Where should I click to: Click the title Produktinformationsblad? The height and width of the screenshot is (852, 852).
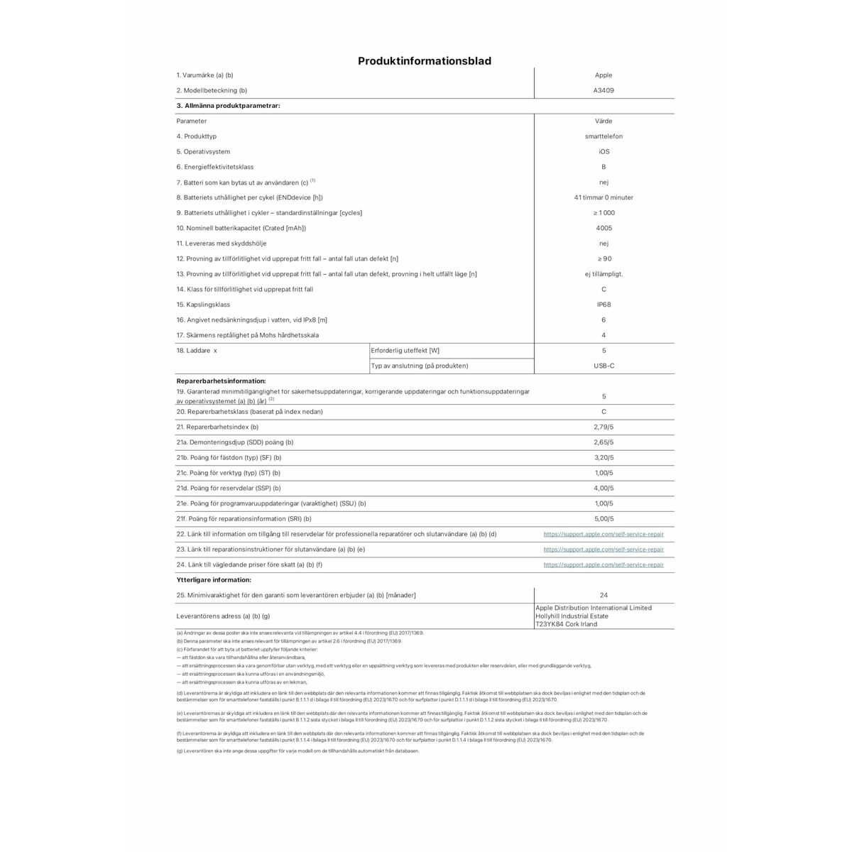tap(425, 61)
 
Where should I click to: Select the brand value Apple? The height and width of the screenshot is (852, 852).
tap(603, 75)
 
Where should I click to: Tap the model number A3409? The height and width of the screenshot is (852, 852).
tap(603, 91)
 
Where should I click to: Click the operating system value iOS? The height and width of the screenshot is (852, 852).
tap(603, 152)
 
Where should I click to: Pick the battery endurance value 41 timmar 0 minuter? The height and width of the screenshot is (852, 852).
tap(603, 198)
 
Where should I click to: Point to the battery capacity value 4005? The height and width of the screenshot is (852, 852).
tap(603, 229)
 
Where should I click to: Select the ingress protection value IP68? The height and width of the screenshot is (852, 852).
tap(603, 305)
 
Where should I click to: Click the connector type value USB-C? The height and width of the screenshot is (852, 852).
tap(603, 366)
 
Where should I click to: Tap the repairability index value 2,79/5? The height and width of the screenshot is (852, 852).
tap(603, 427)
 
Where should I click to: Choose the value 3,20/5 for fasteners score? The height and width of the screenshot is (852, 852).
tap(603, 458)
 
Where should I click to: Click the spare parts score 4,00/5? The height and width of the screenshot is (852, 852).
tap(603, 488)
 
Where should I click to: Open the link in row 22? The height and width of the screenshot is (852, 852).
tap(603, 534)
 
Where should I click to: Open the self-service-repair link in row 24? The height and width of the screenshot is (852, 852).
tap(603, 565)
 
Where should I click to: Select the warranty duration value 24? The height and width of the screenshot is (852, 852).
tap(603, 596)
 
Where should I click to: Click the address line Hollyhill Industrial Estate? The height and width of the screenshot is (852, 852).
tap(572, 616)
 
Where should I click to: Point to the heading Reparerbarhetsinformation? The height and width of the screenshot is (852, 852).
tap(221, 381)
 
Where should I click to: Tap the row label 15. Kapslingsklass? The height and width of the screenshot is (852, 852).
tap(203, 305)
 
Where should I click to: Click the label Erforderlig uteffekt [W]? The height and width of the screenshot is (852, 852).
tap(405, 351)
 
